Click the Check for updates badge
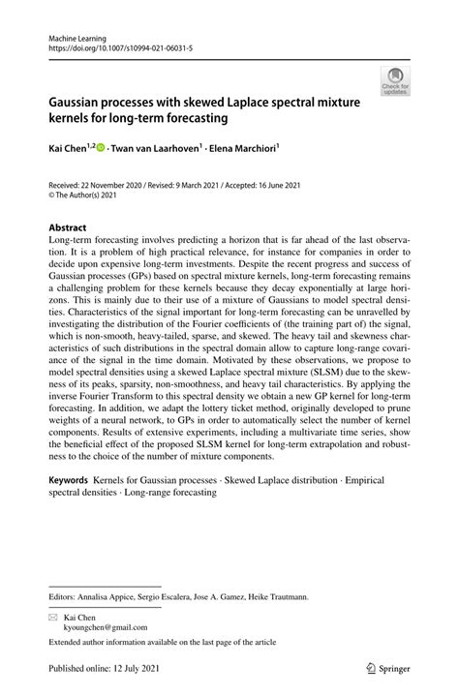click(393, 81)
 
